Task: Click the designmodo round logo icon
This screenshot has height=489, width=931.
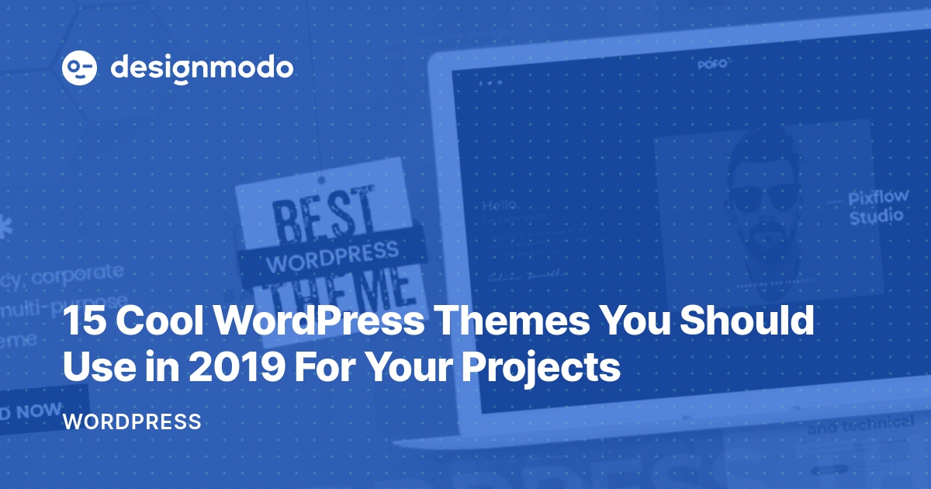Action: click(79, 68)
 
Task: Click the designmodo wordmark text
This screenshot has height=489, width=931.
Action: click(202, 68)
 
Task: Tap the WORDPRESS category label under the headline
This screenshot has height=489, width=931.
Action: click(132, 423)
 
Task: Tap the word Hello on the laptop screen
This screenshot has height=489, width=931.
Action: click(500, 206)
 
